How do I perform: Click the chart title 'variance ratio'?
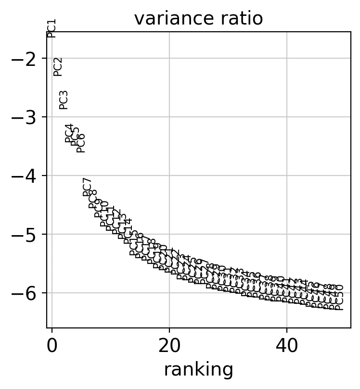198,18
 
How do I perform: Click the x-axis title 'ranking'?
198,370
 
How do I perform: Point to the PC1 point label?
52,28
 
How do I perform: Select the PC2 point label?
58,66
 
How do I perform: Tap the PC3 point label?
64,100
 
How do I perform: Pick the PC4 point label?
69,133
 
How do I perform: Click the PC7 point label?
87,187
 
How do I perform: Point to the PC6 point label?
81,143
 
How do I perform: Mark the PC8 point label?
93,199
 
